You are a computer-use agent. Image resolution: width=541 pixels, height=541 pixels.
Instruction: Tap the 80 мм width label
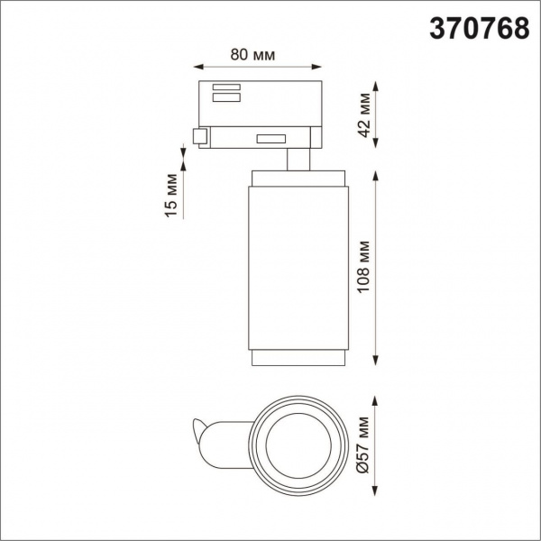[252, 53]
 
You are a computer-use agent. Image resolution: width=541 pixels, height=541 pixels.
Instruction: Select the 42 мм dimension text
[364, 114]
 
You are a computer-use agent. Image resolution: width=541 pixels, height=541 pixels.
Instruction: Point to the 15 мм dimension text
[170, 197]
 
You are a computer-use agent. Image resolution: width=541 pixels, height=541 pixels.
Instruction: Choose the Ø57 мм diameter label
[364, 444]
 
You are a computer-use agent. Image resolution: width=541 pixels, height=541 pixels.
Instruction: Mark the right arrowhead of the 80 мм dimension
[316, 67]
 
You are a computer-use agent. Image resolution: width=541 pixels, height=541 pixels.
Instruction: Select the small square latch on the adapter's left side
[199, 137]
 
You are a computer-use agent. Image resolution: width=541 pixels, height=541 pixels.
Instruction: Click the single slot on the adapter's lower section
[270, 139]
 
